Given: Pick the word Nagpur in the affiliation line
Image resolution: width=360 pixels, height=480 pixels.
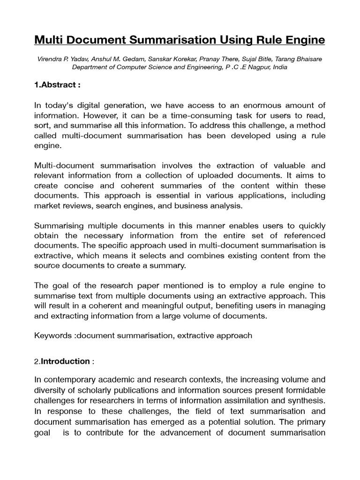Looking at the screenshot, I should point(255,67).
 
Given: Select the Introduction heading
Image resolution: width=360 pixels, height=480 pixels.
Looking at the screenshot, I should point(65,361).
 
